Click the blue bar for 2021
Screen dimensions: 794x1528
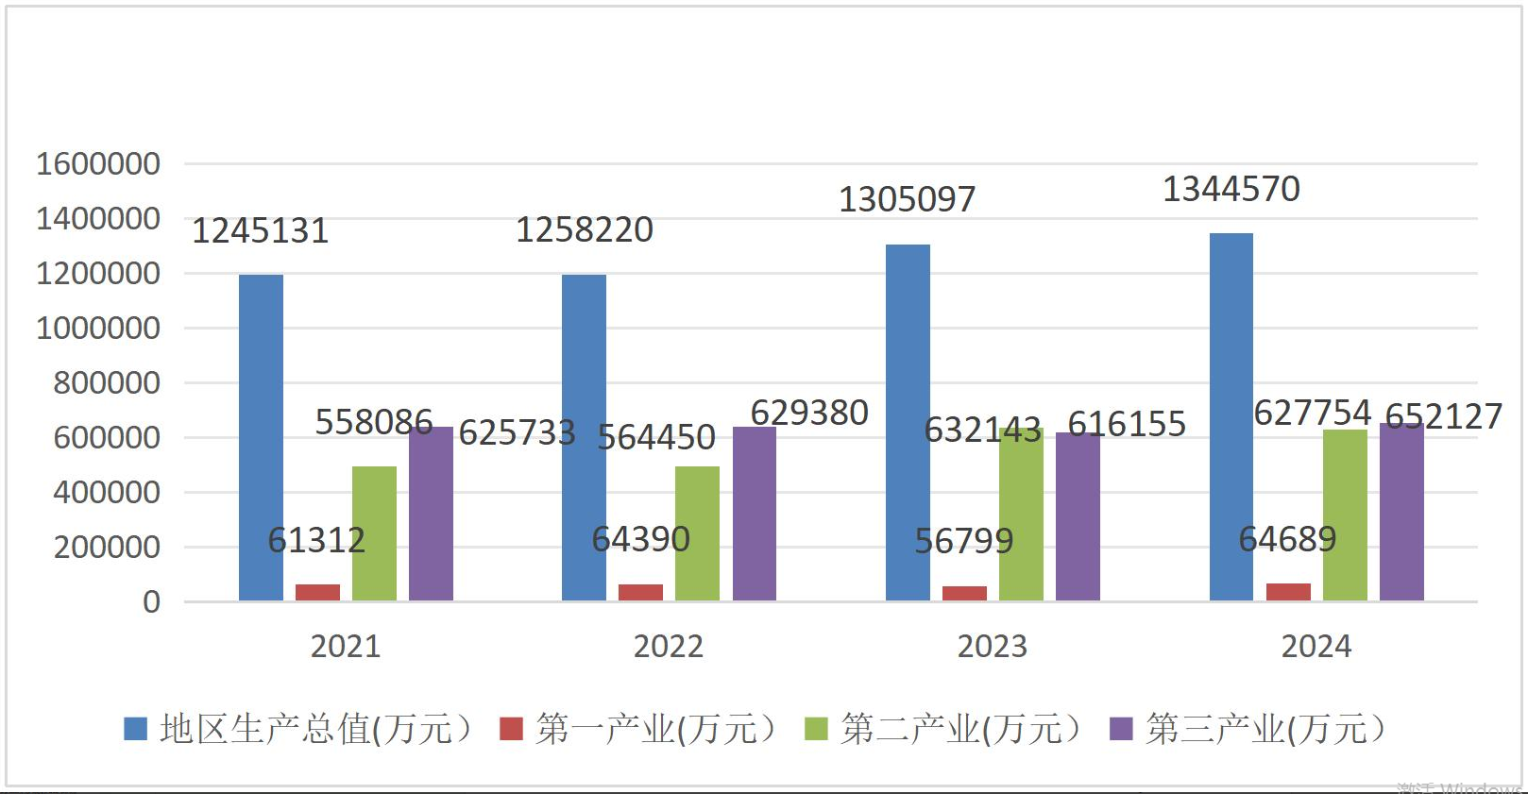(261, 437)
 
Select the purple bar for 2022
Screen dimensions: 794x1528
(754, 514)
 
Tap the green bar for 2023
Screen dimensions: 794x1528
(1021, 515)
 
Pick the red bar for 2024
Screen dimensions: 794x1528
(1288, 592)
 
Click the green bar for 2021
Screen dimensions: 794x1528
(374, 533)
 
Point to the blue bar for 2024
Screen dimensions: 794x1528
(1231, 416)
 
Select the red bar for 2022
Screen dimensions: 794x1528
(640, 592)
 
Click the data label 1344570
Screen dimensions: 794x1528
(1231, 190)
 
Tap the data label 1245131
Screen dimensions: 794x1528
(260, 231)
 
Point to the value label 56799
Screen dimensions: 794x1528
(963, 541)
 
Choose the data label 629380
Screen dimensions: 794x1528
(809, 414)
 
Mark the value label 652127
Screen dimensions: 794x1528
(1443, 416)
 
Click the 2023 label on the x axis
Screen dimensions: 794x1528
(992, 647)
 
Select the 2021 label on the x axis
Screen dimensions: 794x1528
(346, 647)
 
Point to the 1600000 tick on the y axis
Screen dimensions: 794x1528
(98, 164)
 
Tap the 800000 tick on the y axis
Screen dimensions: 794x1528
(107, 383)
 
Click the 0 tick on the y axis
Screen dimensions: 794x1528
(151, 602)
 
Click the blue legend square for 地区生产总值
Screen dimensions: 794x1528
(136, 729)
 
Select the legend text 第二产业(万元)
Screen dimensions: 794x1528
(960, 729)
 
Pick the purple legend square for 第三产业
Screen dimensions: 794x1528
(1121, 729)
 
